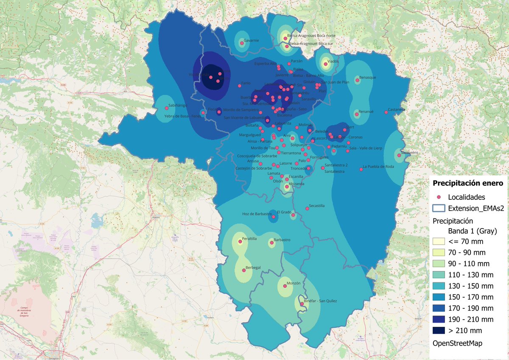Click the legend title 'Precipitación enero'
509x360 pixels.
pyautogui.click(x=467, y=183)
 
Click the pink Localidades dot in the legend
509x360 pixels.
pyautogui.click(x=439, y=197)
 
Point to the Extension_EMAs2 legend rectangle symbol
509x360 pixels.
pyautogui.click(x=439, y=208)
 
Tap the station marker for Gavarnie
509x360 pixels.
pyautogui.click(x=242, y=43)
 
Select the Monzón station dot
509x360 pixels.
pyautogui.click(x=285, y=287)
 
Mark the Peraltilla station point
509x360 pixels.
pyautogui.click(x=240, y=242)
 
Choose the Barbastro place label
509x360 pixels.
pyautogui.click(x=282, y=240)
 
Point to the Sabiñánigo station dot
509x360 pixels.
pyautogui.click(x=166, y=108)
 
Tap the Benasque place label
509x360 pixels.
pyautogui.click(x=368, y=78)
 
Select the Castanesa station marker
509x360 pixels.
pyautogui.click(x=386, y=112)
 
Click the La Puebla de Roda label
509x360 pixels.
pyautogui.click(x=378, y=167)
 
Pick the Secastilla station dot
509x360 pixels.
pyautogui.click(x=307, y=208)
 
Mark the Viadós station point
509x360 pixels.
pyautogui.click(x=325, y=65)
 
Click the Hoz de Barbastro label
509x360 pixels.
pyautogui.click(x=257, y=214)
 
